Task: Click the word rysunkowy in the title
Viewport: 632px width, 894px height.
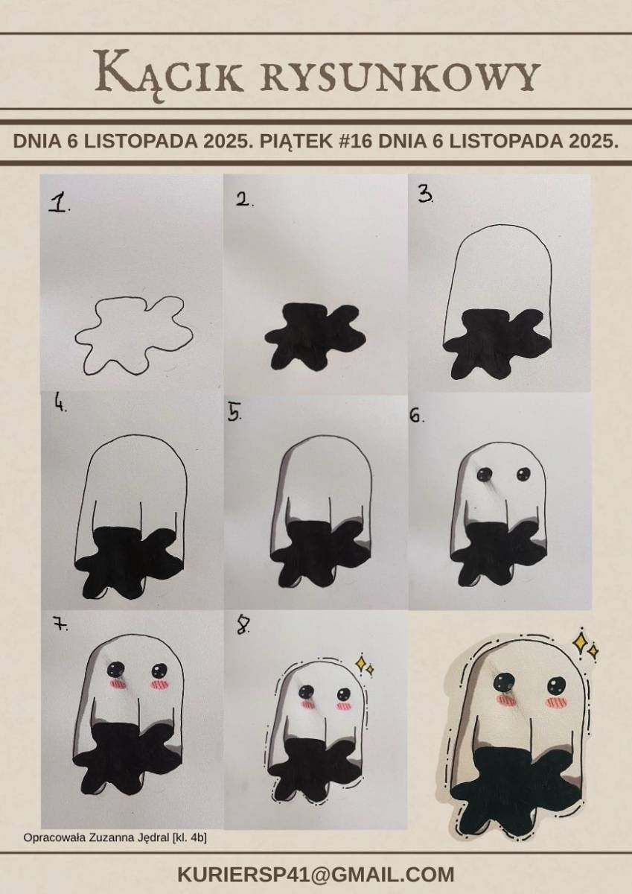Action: [x=399, y=76]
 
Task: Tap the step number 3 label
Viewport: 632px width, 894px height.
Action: [x=426, y=195]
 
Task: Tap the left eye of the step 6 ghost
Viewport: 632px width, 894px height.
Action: [x=485, y=474]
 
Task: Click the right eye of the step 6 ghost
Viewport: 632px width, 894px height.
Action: [x=523, y=474]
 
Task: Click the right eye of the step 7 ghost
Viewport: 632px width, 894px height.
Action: [x=160, y=669]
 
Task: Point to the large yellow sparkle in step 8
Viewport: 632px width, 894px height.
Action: [x=361, y=662]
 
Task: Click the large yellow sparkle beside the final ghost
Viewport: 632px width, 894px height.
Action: [x=581, y=641]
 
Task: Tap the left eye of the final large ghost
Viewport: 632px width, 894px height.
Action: [x=504, y=682]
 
